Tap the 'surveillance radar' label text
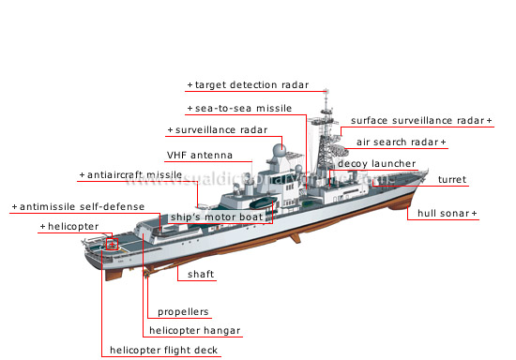pos(220,130)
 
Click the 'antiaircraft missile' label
pos(133,175)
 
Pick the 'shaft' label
pos(201,275)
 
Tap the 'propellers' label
pos(183,311)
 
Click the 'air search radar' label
pos(398,142)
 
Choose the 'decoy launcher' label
pos(376,163)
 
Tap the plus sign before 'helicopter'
pos(42,227)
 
